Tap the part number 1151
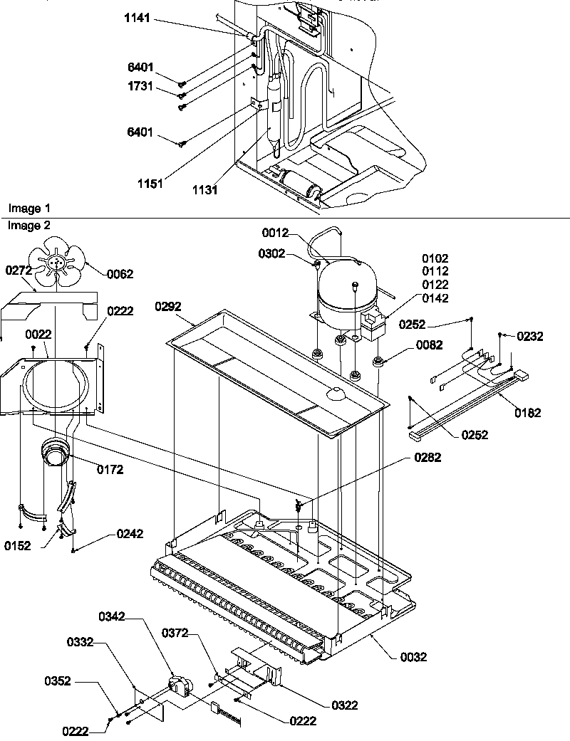150,183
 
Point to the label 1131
204,190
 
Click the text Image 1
29,208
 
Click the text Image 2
29,226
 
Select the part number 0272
19,270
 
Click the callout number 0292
168,307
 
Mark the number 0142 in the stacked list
435,298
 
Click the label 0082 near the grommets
428,345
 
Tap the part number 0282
427,458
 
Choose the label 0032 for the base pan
413,657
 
